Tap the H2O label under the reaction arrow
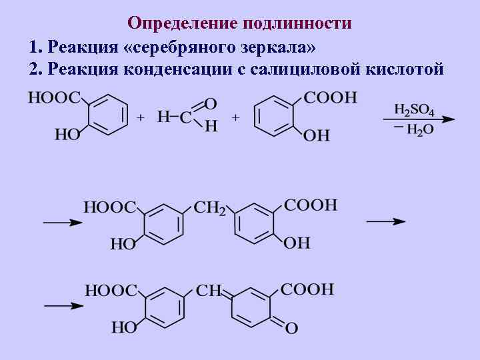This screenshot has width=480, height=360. (419, 129)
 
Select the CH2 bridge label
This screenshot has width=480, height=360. (209, 208)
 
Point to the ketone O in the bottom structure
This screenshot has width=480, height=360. (291, 327)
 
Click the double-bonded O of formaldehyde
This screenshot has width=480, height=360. (211, 103)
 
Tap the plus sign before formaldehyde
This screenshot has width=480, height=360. (141, 117)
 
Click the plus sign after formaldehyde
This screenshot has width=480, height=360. (235, 117)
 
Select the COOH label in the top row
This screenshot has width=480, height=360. (331, 98)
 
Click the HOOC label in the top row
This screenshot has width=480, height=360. (54, 98)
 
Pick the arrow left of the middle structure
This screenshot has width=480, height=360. (63, 223)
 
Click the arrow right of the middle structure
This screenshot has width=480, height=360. (386, 221)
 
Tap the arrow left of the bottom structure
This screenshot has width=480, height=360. (64, 306)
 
